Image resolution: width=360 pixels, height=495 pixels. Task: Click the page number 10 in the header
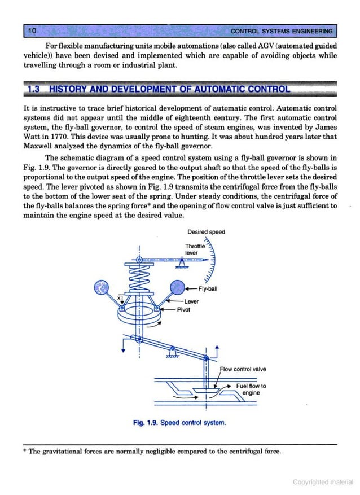32,30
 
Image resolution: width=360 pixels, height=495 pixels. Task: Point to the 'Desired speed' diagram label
206,232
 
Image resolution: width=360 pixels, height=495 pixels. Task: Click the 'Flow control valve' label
243,369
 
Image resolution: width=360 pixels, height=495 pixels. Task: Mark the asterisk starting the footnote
25,452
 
